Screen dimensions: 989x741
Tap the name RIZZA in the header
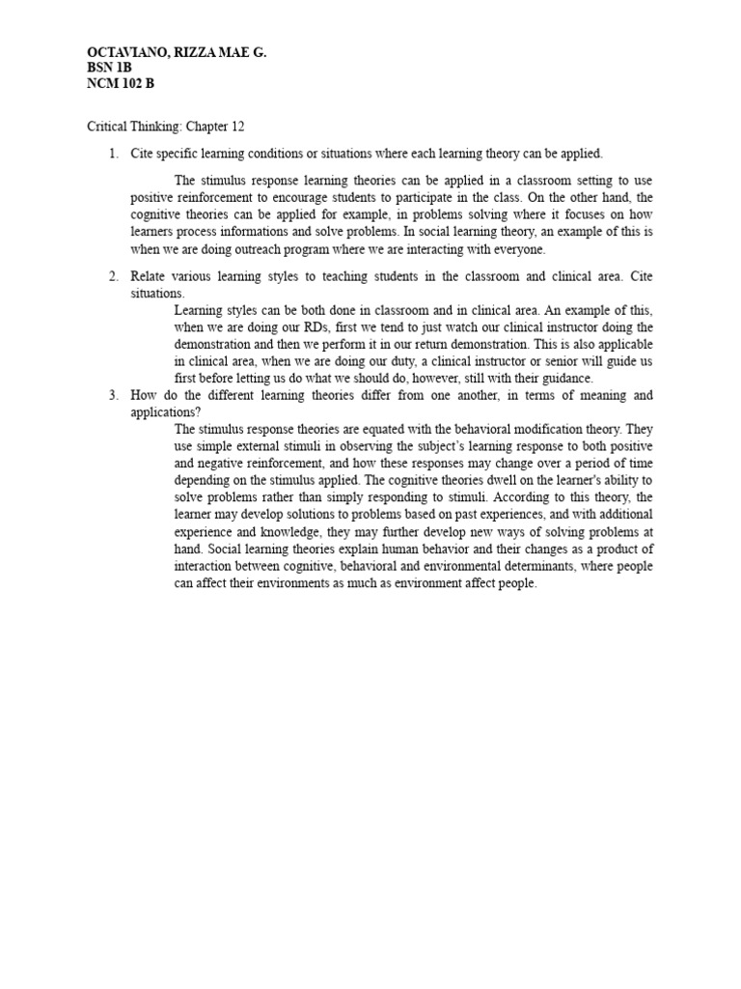[194, 55]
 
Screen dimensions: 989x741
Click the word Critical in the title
[109, 127]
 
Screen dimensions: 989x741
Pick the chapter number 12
[253, 127]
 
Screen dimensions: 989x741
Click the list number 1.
[112, 154]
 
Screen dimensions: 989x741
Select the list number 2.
[112, 276]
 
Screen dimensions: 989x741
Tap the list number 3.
[112, 395]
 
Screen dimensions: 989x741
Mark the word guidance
[563, 378]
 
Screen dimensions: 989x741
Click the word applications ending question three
[162, 411]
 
